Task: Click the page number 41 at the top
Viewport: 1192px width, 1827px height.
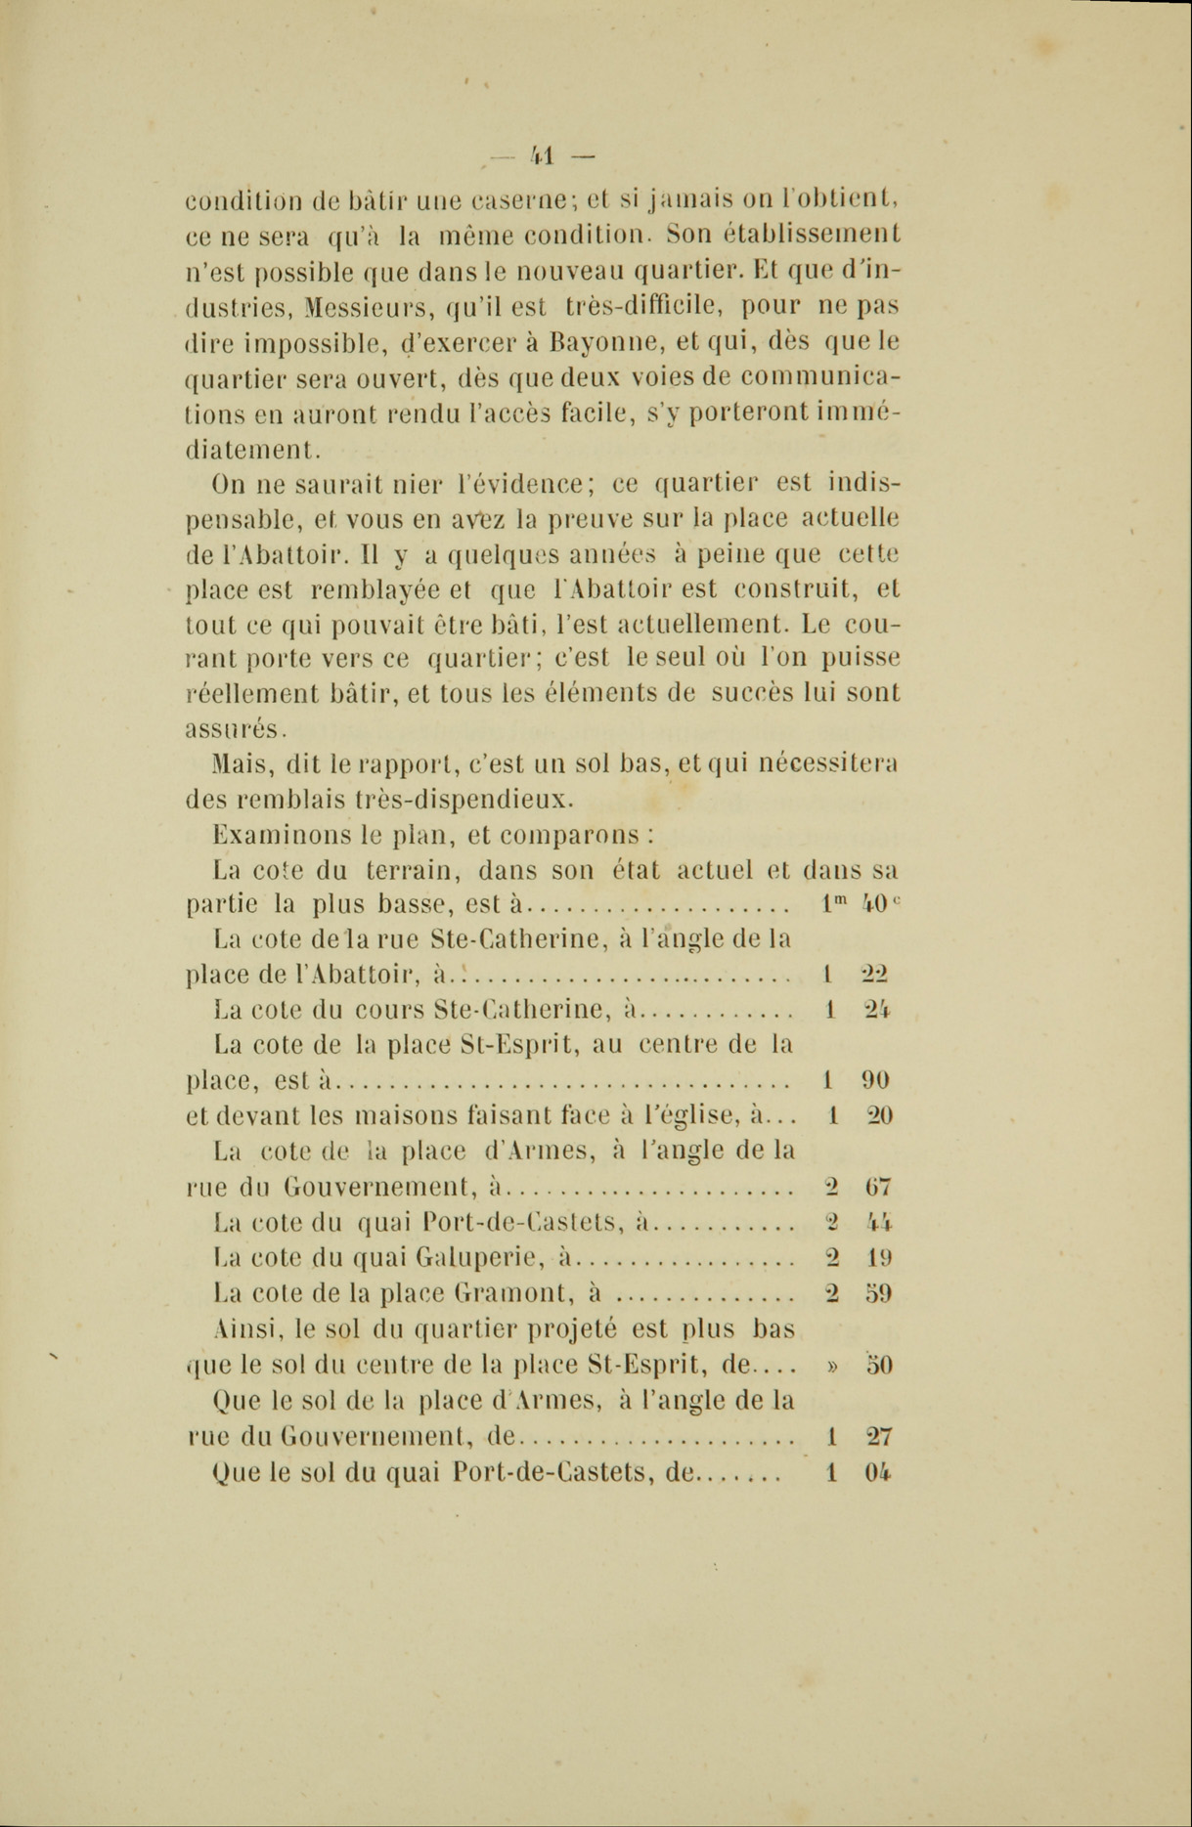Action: coord(542,154)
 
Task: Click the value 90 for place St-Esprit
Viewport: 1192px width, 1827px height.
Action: coord(875,1080)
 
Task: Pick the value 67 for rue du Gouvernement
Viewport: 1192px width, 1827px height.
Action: coord(876,1188)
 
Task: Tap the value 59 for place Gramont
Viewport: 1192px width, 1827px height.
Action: coord(876,1293)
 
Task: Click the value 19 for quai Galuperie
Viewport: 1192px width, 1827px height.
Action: coord(876,1258)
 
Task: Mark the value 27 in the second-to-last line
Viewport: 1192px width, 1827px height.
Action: coord(876,1437)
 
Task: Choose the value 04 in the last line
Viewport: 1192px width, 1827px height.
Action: coord(876,1473)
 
